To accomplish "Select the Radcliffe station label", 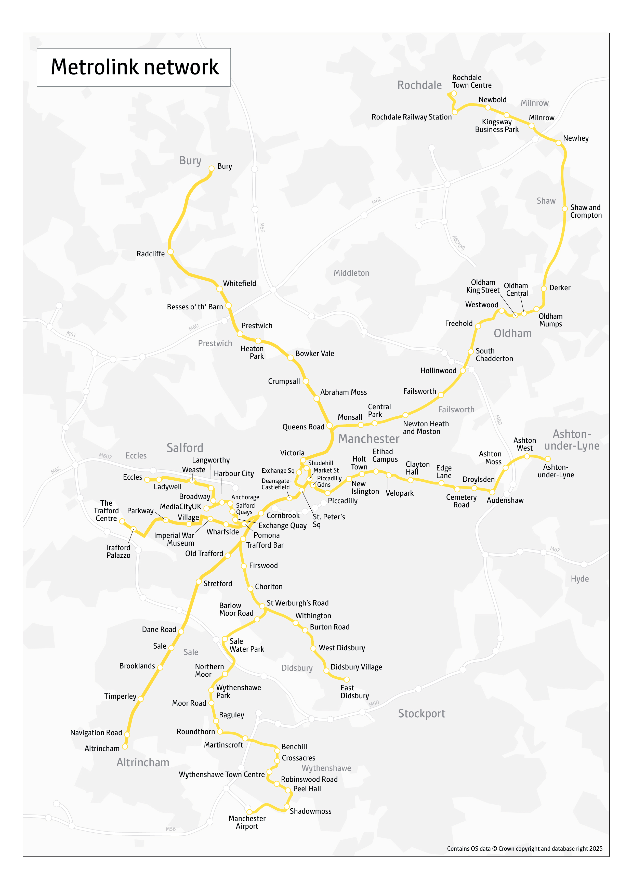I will [150, 254].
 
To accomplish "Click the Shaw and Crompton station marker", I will [565, 209].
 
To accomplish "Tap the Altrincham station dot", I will [125, 746].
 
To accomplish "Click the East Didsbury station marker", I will [347, 679].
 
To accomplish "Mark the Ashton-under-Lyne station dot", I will [547, 459].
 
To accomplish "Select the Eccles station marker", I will [147, 479].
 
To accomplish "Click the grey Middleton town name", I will [351, 273].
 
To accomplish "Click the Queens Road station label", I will [303, 427].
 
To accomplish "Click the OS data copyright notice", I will [524, 848].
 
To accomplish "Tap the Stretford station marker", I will [199, 582].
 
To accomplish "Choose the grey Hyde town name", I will [580, 579].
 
